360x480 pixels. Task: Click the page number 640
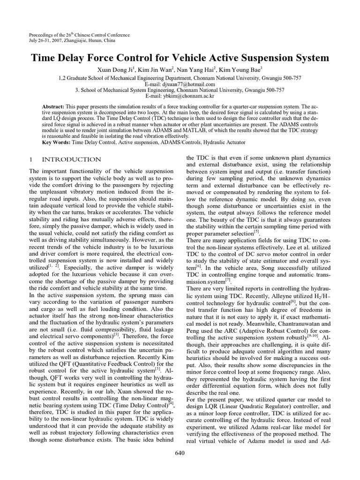180,453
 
